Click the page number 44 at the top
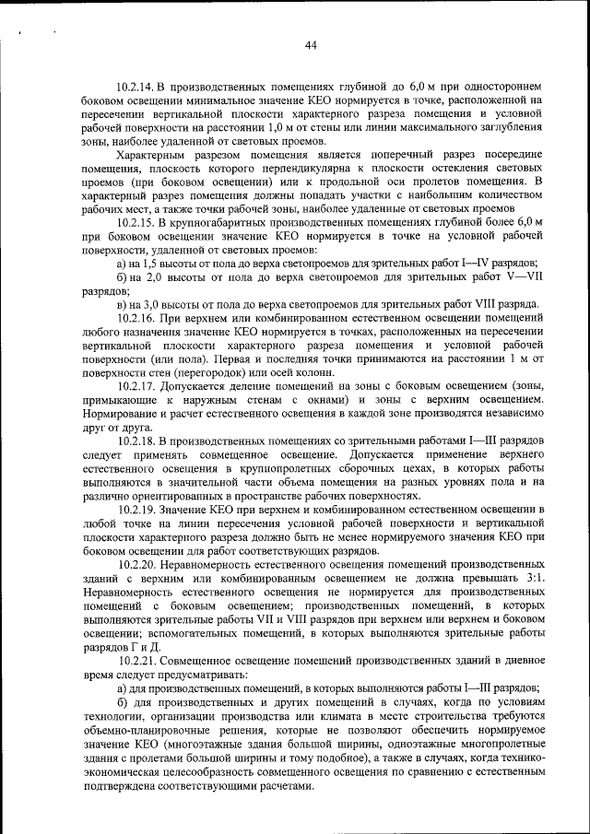click(310, 45)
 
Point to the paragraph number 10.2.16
click(137, 318)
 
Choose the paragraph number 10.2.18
click(137, 441)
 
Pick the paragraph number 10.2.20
click(137, 564)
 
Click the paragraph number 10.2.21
click(137, 661)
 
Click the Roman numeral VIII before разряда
click(488, 305)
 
